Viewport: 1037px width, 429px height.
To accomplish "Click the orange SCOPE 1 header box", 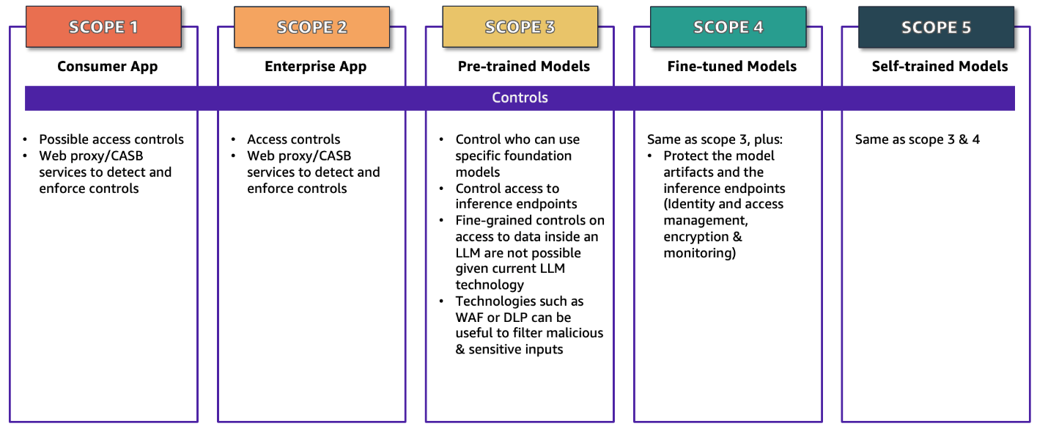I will [x=103, y=27].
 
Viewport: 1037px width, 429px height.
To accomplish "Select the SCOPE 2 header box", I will [x=311, y=27].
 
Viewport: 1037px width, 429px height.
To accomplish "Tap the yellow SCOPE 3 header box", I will [x=520, y=27].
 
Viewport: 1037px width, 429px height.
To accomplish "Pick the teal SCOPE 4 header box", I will [x=728, y=27].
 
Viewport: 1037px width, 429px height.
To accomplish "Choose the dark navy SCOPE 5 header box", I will [x=936, y=27].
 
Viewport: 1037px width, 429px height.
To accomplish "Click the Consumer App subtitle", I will [x=108, y=67].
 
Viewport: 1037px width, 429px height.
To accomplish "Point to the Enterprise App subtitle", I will [x=315, y=67].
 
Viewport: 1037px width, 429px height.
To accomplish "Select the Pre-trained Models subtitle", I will [x=523, y=67].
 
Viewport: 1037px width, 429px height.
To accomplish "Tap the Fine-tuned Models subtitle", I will [x=731, y=67].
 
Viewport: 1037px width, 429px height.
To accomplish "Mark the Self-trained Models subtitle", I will [x=940, y=67].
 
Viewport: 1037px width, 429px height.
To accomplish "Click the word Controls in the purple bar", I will [x=520, y=98].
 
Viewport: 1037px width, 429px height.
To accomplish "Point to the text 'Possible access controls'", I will [x=111, y=139].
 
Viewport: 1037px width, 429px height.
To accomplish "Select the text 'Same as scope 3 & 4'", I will [x=917, y=139].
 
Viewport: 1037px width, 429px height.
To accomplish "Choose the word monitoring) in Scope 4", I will [x=699, y=253].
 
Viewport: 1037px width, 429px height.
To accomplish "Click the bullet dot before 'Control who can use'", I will [x=441, y=140].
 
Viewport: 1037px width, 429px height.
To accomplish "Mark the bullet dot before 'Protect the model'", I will [x=649, y=156].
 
